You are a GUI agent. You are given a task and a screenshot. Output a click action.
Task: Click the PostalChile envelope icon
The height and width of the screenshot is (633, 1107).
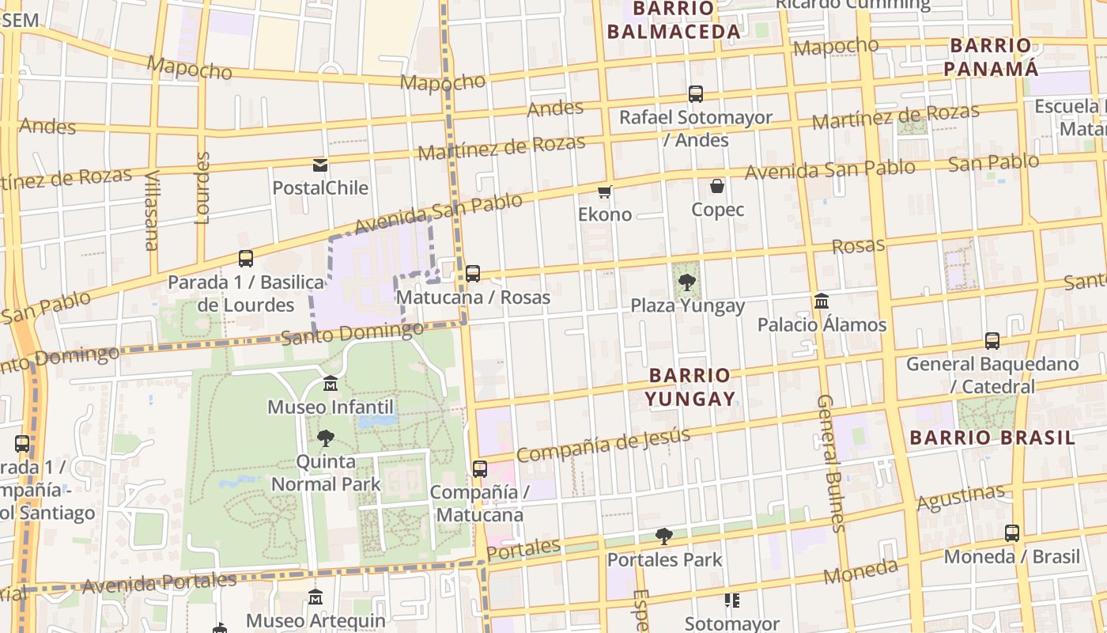tap(320, 165)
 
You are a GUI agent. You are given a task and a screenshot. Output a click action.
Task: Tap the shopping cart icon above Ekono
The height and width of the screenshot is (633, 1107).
tap(605, 191)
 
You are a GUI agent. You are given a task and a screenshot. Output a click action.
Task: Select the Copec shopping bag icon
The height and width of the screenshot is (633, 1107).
tap(717, 187)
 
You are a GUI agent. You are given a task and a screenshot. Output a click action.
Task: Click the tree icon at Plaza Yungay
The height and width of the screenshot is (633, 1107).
tap(686, 281)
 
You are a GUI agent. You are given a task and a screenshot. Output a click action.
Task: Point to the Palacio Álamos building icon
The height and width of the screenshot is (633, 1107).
tap(822, 301)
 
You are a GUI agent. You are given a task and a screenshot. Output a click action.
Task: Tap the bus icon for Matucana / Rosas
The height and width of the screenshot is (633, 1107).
tap(473, 274)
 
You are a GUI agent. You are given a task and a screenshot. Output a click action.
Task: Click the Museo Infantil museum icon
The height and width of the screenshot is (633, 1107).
tap(331, 384)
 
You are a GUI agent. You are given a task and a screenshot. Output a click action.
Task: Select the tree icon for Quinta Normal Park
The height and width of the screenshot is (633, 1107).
tap(325, 438)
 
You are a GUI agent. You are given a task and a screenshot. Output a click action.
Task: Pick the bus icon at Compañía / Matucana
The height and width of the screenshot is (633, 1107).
tap(480, 468)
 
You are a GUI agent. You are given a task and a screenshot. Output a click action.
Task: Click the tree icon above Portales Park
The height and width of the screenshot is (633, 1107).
tap(664, 536)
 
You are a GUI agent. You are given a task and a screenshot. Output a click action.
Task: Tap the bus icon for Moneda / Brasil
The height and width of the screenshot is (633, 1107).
tap(1012, 533)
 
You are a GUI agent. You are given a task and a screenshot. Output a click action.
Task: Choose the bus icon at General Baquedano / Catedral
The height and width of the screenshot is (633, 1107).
tap(992, 341)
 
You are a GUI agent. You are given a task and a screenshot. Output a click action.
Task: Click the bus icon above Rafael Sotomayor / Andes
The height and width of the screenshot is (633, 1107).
tap(696, 94)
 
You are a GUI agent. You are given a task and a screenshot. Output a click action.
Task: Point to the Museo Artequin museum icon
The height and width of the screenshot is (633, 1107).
tap(315, 597)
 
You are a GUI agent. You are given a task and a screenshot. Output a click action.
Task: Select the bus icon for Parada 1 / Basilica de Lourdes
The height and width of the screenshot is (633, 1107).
tap(246, 259)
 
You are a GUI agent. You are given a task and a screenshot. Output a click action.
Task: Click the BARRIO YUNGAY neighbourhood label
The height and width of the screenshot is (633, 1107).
tap(690, 386)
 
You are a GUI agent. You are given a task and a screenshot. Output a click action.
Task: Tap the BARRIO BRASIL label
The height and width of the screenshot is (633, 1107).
tap(992, 438)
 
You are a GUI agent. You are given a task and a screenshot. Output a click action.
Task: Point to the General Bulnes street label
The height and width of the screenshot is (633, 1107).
tap(830, 463)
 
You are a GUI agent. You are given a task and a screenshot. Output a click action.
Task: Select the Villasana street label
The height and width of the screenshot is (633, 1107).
tap(152, 210)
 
